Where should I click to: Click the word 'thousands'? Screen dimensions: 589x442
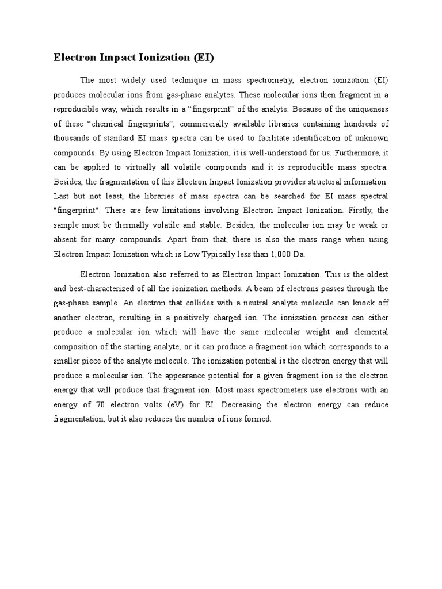73,139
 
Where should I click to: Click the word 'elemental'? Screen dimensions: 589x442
369,332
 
